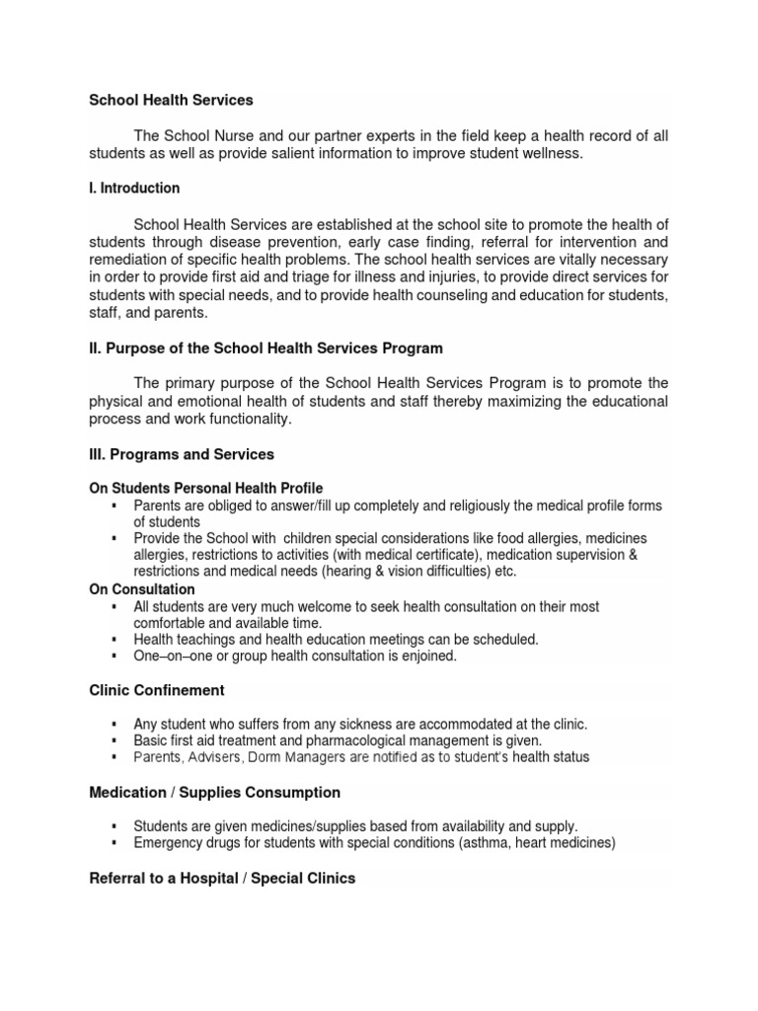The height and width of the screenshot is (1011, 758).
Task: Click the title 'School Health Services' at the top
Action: (172, 100)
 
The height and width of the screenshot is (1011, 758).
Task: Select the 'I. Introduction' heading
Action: (134, 188)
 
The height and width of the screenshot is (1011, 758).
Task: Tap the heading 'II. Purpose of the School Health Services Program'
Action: (266, 348)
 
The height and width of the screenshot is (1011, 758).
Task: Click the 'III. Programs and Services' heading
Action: (182, 454)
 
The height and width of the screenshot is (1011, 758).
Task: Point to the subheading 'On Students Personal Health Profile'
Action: (206, 489)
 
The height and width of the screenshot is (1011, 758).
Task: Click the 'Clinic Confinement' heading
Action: (158, 690)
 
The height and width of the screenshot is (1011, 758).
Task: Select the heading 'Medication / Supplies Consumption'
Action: (215, 792)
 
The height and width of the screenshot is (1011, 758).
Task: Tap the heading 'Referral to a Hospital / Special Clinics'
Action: (222, 878)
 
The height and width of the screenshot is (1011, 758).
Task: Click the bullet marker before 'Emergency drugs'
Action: (115, 842)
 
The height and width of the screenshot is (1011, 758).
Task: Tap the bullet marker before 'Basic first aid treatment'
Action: (115, 740)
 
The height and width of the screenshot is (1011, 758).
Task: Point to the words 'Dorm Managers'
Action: (285, 757)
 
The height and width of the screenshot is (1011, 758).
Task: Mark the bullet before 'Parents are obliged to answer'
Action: (115, 505)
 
